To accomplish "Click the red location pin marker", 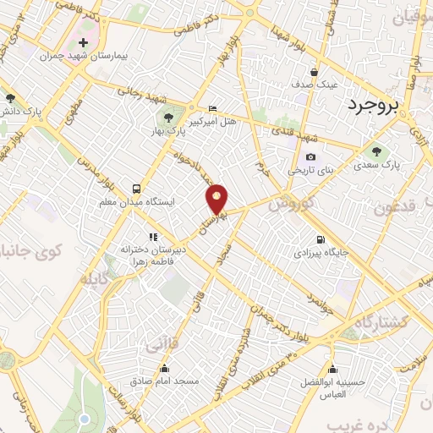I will pos(217,198).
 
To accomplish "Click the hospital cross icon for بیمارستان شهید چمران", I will pos(83,41).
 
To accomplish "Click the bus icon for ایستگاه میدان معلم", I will pos(137,189).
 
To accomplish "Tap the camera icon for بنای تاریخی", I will pos(311,156).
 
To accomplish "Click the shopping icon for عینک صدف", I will pos(315,73).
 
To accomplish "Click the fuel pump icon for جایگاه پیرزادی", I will pos(320,238).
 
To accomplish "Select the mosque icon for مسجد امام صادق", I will pos(165,369).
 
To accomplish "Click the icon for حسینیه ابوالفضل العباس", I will pos(333,369).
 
